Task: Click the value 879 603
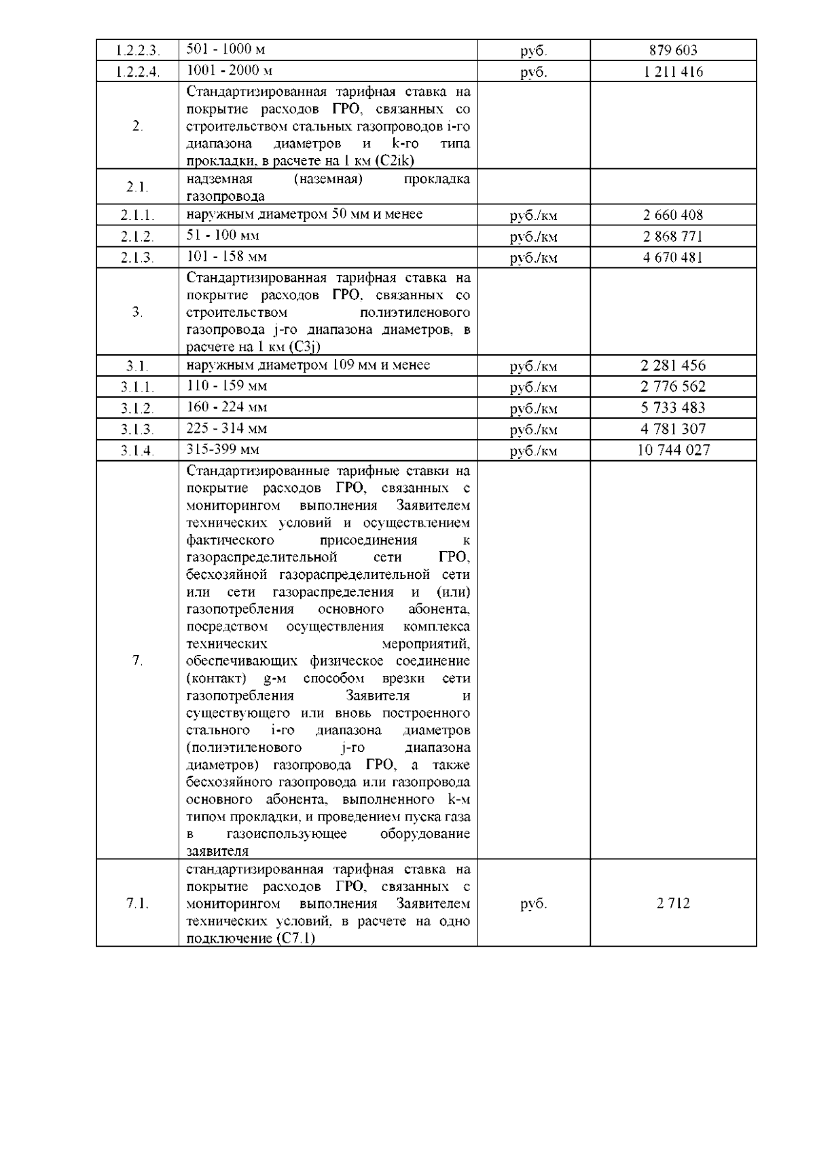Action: pos(672,50)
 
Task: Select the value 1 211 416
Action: pos(672,72)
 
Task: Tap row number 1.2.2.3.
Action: pos(137,50)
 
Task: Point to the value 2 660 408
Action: pos(672,215)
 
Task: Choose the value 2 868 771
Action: pos(672,237)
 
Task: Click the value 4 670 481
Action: pos(672,258)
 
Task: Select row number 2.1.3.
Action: pos(137,258)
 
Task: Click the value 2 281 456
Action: pos(672,366)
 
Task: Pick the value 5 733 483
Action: pos(672,408)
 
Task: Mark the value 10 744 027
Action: pos(672,450)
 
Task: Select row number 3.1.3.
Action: pos(137,430)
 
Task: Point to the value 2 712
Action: pos(672,903)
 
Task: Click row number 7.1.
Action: pos(137,903)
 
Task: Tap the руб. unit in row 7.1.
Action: pos(533,904)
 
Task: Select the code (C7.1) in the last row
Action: pos(295,939)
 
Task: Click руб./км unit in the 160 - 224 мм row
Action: pos(533,409)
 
